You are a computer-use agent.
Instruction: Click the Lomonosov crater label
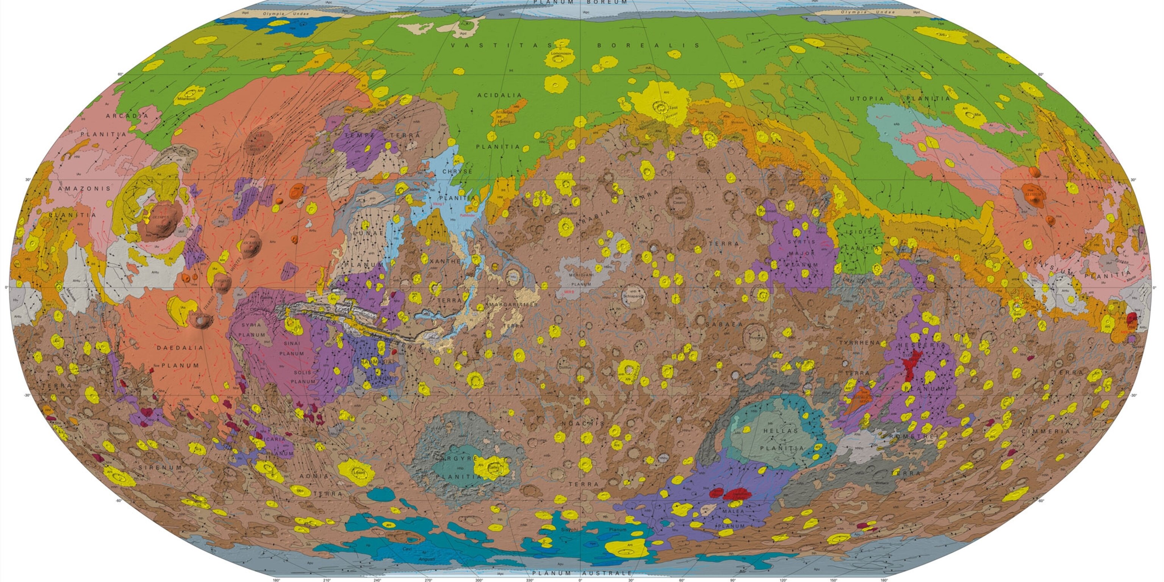[x=561, y=53]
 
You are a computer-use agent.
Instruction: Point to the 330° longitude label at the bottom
[x=530, y=580]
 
